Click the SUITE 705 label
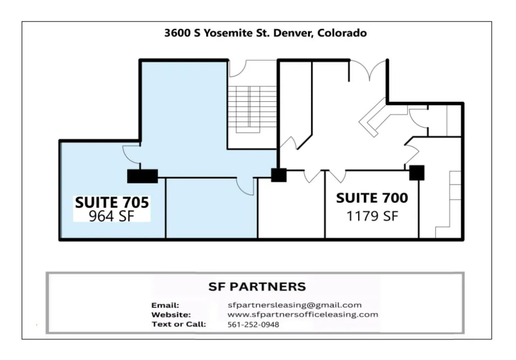tap(112, 202)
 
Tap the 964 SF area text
tap(112, 216)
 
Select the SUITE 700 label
tap(372, 198)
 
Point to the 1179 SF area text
tap(372, 216)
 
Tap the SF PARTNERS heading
tap(257, 287)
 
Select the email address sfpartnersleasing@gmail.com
tap(294, 305)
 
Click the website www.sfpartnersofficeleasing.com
tap(303, 314)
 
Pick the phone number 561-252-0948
tap(253, 324)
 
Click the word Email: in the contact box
tap(165, 305)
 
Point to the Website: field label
tap(171, 314)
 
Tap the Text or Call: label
tap(179, 324)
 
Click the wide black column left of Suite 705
tap(142, 176)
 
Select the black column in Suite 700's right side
tap(417, 173)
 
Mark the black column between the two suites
tap(279, 175)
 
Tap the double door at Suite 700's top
tap(368, 70)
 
